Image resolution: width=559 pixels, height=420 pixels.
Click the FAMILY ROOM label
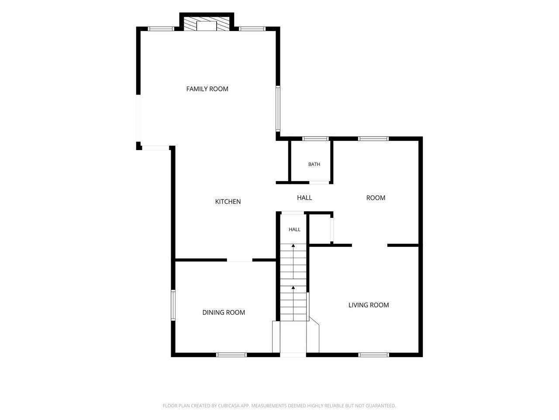tap(207, 89)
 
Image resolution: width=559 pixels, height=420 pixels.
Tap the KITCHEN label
tap(228, 201)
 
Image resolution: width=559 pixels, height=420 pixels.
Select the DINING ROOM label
tap(224, 312)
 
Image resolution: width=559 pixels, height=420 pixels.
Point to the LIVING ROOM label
tap(369, 305)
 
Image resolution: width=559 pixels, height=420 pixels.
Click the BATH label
tap(314, 164)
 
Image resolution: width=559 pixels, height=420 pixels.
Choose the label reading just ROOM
tap(376, 198)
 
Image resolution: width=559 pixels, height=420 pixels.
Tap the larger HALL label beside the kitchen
tap(304, 198)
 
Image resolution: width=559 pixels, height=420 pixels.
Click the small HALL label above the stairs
tap(294, 229)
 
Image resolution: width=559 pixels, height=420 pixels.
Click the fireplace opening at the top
tap(206, 26)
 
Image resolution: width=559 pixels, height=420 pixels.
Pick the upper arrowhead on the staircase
tap(293, 245)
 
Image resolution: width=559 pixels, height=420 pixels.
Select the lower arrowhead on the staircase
tap(293, 287)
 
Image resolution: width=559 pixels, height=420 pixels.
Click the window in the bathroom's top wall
tap(316, 139)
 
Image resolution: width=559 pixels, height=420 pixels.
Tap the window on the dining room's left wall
tap(173, 305)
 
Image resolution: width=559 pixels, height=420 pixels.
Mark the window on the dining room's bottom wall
tap(231, 355)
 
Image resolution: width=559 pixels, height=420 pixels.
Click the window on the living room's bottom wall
tap(373, 355)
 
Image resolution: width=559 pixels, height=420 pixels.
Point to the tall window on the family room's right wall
tap(278, 108)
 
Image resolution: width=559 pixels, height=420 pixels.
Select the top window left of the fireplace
tap(161, 28)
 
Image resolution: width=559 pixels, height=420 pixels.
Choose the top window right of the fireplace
tap(252, 28)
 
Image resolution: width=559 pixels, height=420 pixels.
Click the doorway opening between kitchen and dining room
tap(239, 260)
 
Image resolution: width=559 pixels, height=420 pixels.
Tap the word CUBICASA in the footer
tap(228, 406)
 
